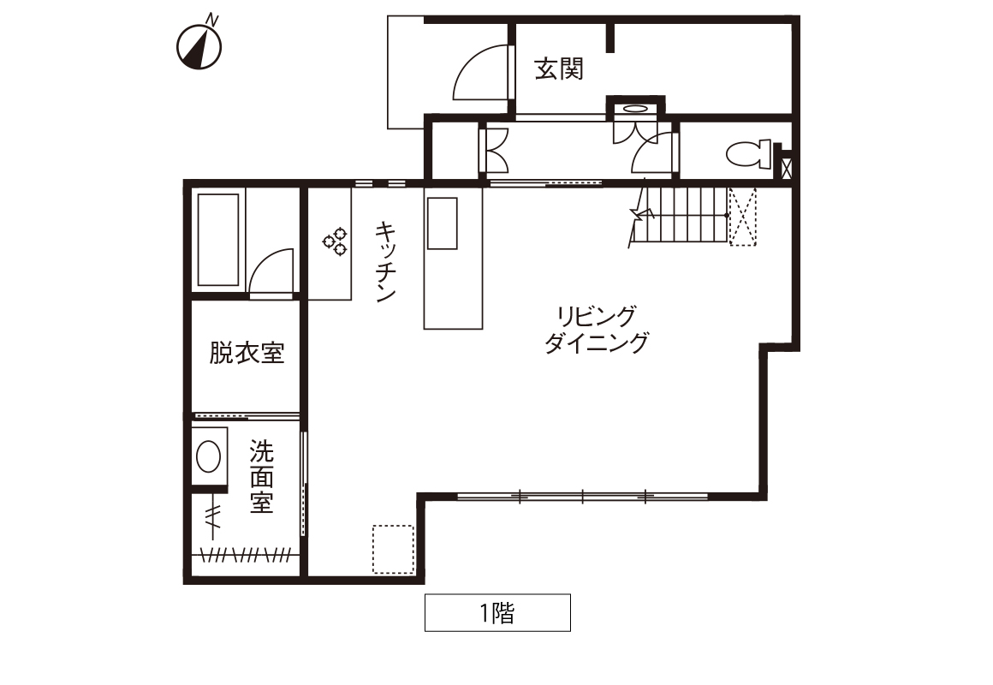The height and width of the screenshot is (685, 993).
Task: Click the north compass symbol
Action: tap(199, 45)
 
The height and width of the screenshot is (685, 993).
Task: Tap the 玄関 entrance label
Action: tap(558, 68)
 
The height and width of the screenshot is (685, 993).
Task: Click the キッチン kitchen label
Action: tap(385, 261)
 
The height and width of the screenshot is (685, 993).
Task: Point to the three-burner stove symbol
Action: tap(335, 241)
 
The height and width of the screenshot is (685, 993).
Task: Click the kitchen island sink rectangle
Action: tap(442, 223)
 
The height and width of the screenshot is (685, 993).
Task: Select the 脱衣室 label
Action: tap(247, 353)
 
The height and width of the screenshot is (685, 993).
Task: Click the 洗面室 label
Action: tap(261, 477)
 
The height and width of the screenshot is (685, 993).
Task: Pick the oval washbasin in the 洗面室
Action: tap(208, 457)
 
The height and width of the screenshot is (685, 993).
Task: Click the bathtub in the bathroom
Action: tap(218, 240)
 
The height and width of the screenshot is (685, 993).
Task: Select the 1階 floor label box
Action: tap(497, 613)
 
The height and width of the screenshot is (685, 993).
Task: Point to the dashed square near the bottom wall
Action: tap(393, 549)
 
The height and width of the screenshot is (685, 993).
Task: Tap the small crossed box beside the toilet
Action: tap(786, 169)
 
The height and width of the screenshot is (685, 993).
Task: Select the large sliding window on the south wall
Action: tap(583, 496)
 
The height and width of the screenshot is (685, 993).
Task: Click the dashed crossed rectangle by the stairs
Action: tap(743, 216)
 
